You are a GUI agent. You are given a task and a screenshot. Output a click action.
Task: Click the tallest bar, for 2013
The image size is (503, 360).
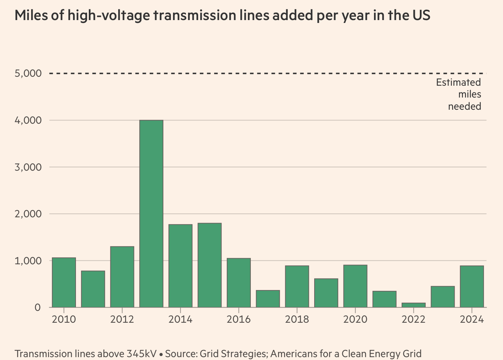point(151,214)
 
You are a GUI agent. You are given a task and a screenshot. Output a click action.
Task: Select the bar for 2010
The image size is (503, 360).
point(64,283)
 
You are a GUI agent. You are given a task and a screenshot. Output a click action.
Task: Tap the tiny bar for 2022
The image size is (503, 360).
point(413,305)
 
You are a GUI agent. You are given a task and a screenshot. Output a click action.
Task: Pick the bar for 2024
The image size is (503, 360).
point(472,286)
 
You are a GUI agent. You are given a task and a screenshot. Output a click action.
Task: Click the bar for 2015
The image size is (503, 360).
point(210,265)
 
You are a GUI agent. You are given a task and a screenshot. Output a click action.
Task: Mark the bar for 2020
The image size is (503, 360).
point(355,286)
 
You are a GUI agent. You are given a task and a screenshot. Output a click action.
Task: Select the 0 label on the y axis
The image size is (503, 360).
point(37,308)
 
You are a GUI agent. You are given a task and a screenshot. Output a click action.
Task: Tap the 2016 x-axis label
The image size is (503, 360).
point(239,319)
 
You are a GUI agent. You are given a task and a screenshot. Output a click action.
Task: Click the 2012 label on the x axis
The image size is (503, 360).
point(122,319)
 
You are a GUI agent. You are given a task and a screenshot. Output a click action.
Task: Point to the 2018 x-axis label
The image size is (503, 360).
point(297,319)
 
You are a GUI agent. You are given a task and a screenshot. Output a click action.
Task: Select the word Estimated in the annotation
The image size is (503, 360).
point(458,82)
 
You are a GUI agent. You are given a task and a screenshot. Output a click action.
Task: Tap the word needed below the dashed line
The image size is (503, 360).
point(464,106)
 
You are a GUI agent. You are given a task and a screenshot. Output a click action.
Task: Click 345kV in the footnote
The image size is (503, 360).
point(141,354)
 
